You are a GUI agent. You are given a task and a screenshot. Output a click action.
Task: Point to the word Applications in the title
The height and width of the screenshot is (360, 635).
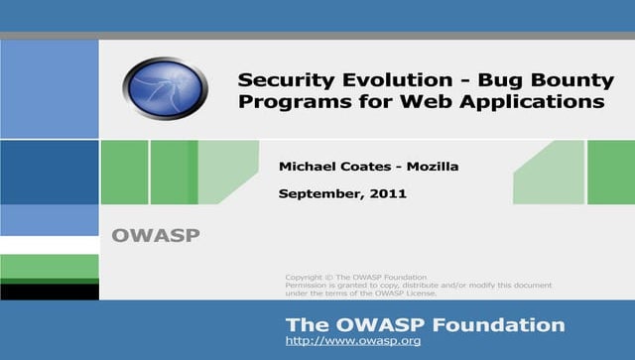(x=542, y=101)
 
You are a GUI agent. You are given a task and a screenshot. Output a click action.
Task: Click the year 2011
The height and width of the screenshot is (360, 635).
(x=390, y=194)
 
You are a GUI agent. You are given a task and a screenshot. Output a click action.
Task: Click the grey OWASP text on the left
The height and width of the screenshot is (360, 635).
(x=156, y=236)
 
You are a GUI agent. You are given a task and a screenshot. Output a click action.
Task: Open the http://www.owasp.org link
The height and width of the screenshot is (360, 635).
(x=353, y=340)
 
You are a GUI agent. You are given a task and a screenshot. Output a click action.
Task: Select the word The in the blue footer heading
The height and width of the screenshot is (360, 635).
(x=304, y=324)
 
